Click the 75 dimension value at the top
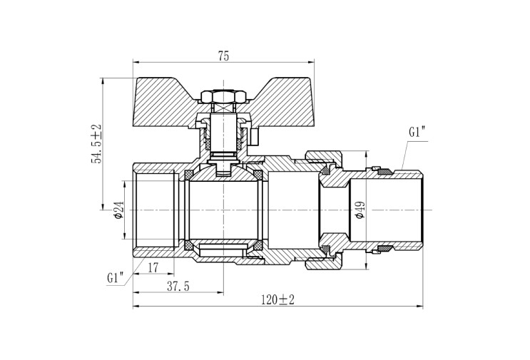[x=223, y=56]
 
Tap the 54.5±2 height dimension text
[x=96, y=143]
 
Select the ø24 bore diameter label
[x=119, y=210]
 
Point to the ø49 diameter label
[x=360, y=210]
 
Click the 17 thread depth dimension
[x=153, y=268]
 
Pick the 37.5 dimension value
[x=178, y=287]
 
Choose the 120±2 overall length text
[x=277, y=299]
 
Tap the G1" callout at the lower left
[x=115, y=278]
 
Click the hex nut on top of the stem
[x=223, y=96]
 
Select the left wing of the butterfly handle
[x=165, y=103]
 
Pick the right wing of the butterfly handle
[x=281, y=103]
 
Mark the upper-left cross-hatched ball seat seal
[x=188, y=175]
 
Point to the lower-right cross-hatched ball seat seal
[x=258, y=245]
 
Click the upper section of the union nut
[x=324, y=160]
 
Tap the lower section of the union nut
[x=324, y=260]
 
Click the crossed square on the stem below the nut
[x=223, y=109]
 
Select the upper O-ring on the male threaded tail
[x=384, y=172]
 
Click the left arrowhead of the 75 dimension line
[x=136, y=62]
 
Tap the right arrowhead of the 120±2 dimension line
[x=420, y=307]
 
